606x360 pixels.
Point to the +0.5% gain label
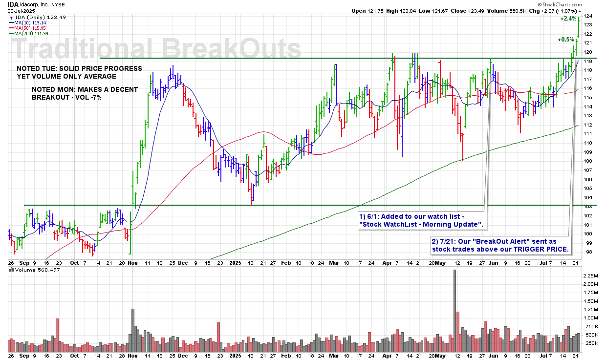point(566,39)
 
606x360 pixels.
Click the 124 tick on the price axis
point(588,16)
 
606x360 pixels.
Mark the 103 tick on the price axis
point(588,207)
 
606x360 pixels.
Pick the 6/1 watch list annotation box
point(422,220)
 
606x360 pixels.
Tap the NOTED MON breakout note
point(85,94)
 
